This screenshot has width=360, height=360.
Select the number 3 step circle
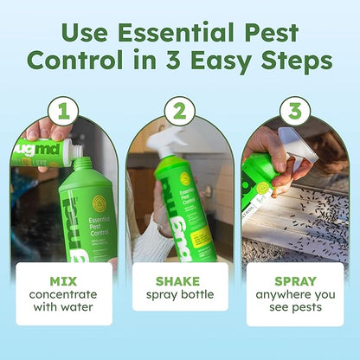(x=294, y=111)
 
